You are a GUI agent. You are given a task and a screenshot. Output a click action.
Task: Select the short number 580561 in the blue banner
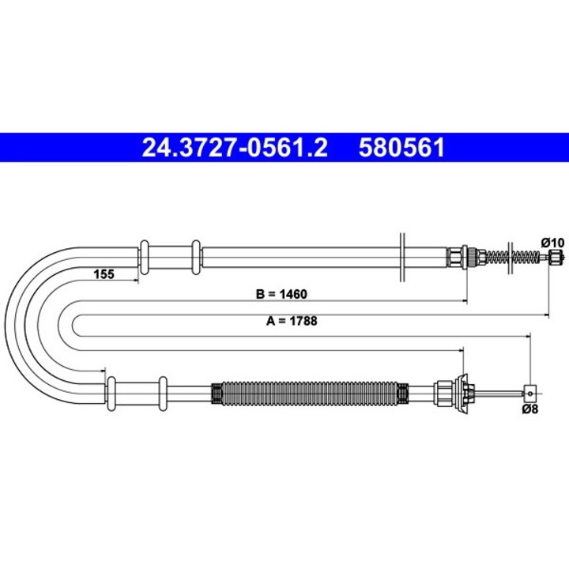(x=402, y=148)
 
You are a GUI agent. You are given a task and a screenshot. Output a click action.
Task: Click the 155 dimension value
(x=104, y=274)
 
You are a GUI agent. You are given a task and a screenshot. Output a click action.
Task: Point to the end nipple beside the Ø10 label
(x=556, y=256)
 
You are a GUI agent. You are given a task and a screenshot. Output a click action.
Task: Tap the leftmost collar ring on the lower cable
(x=111, y=393)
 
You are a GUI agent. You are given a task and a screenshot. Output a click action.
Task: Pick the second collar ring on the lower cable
(x=163, y=393)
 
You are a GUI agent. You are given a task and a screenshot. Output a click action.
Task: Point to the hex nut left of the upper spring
(x=455, y=257)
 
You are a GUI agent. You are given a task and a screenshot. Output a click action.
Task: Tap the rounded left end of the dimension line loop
(x=74, y=322)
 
